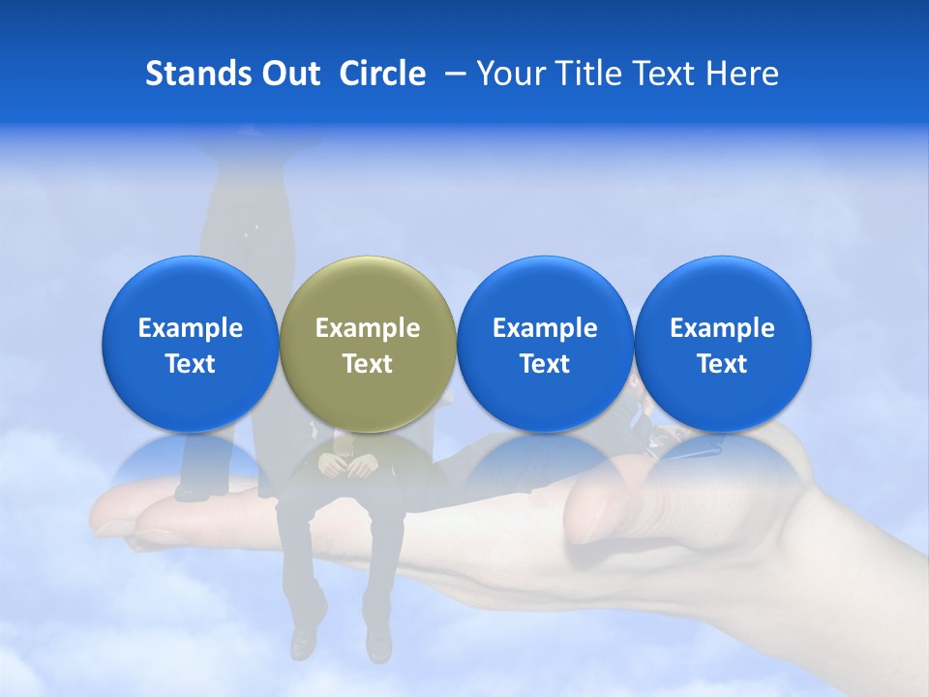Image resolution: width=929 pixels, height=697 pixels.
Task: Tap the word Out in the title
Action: tap(288, 74)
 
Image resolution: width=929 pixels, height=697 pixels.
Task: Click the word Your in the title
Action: tap(509, 74)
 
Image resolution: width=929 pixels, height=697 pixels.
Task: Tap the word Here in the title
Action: tap(742, 74)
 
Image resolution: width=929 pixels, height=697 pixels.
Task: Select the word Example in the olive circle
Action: tap(368, 328)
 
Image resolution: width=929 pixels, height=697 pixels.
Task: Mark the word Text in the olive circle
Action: tap(368, 364)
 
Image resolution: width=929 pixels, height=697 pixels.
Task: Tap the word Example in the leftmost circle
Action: tap(190, 328)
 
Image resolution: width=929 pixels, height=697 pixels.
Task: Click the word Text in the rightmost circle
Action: tap(723, 364)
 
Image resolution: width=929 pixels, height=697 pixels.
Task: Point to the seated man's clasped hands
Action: tap(348, 467)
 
